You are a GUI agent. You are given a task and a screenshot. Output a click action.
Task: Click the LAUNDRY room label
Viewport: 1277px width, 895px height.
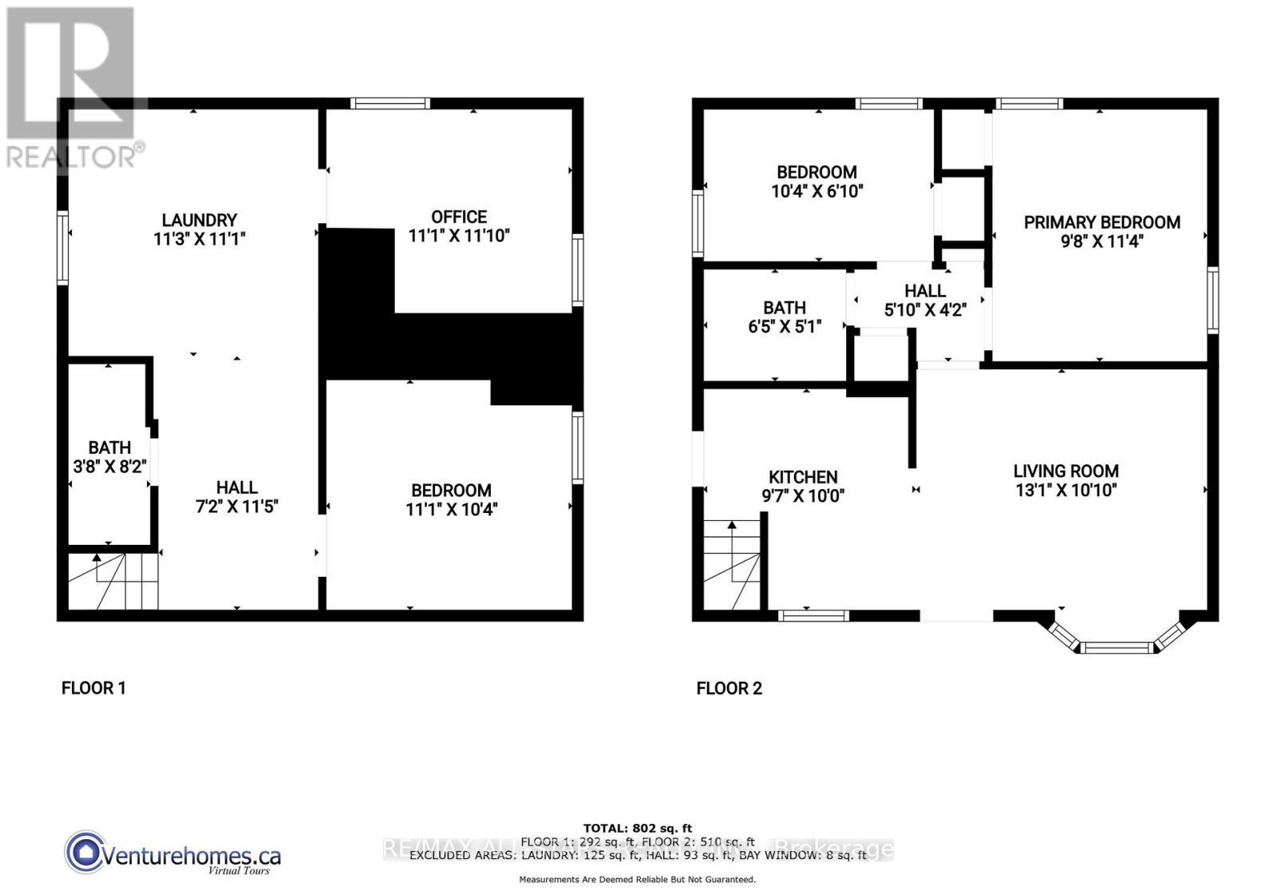tap(199, 219)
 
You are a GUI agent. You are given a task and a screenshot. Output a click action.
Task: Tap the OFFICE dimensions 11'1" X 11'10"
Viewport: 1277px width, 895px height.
tap(458, 236)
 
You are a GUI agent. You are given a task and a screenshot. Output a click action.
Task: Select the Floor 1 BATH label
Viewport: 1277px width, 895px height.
tap(109, 447)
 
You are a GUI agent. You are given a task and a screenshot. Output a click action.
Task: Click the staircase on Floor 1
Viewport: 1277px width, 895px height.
tap(112, 582)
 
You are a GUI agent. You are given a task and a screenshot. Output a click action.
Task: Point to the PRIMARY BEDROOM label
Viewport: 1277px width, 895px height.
tap(1101, 223)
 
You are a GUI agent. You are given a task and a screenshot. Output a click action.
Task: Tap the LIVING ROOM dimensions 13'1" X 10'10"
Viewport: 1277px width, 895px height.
tap(1065, 490)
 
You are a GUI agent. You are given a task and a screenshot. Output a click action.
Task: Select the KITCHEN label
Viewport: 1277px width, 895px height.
tap(803, 477)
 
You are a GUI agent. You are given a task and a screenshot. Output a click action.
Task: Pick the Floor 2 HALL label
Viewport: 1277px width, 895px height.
tap(925, 291)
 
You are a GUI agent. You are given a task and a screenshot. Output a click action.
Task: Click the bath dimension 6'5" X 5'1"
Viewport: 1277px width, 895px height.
tap(784, 326)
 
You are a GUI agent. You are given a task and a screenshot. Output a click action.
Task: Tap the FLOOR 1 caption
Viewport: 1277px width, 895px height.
tap(93, 688)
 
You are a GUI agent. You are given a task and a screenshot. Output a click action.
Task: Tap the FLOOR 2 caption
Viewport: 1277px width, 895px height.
tap(729, 688)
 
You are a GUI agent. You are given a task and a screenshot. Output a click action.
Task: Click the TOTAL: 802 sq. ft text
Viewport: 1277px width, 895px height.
tap(637, 828)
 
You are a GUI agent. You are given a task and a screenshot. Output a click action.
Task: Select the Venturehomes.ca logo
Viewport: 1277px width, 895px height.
tap(173, 854)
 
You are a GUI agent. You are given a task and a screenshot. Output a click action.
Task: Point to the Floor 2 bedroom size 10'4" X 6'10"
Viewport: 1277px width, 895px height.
tap(816, 191)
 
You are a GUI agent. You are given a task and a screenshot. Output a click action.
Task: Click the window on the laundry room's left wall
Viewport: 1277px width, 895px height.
tap(62, 246)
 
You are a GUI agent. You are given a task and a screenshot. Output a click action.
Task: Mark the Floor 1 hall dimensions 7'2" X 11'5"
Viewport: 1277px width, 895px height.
tap(236, 506)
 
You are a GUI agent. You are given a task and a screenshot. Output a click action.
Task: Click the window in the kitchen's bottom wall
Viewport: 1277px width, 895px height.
tap(813, 615)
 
